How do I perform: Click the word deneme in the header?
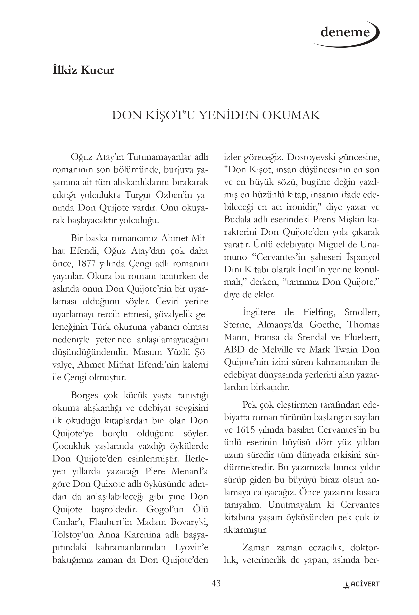tap(345, 33)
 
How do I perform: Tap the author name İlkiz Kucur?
tap(83, 70)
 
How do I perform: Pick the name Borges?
tap(84, 396)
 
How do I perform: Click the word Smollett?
tap(362, 312)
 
